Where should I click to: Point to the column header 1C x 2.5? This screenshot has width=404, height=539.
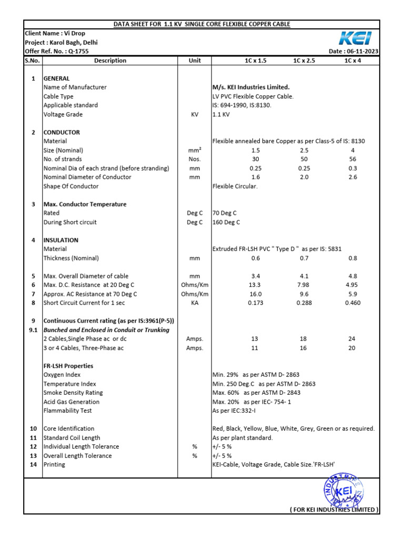304,61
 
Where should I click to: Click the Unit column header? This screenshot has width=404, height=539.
195,61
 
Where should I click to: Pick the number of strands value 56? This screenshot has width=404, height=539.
353,159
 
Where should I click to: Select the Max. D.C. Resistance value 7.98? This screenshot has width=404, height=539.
304,285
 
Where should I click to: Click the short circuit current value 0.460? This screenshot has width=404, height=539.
353,303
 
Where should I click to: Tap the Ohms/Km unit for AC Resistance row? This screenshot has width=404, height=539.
195,294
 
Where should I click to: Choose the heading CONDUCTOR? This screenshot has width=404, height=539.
62,133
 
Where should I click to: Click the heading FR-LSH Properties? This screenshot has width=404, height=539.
68,366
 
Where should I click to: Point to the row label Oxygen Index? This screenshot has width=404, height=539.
62,375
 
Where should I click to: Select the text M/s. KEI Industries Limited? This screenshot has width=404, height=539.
251,87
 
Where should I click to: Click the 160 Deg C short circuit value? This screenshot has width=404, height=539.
226,222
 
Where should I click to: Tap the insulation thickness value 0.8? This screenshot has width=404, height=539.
353,258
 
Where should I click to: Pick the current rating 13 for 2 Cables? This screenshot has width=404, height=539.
255,339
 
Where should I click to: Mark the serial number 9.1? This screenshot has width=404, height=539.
33,330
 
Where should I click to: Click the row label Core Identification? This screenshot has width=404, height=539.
69,429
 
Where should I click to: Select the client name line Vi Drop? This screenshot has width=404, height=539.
55,33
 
